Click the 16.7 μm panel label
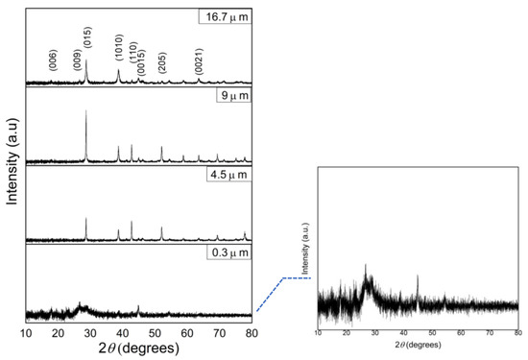[x=227, y=16]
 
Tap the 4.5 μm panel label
[x=229, y=176]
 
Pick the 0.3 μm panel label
[x=229, y=253]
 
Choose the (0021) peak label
[x=199, y=60]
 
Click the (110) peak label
[x=132, y=55]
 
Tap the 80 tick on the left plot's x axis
[x=252, y=332]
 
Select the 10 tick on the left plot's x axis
[x=26, y=332]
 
